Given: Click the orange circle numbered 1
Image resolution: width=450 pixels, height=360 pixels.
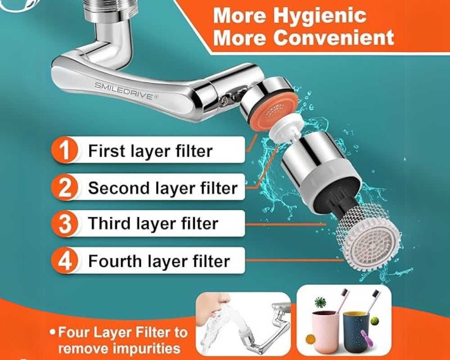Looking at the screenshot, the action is point(64,150).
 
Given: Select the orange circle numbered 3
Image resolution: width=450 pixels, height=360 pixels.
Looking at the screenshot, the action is point(64,224).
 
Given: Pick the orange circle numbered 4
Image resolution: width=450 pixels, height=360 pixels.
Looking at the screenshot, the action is point(64,261).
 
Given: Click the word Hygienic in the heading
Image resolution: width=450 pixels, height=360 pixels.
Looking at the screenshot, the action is point(319,16).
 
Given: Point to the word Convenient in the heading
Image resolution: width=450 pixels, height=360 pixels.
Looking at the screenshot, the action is point(333,37).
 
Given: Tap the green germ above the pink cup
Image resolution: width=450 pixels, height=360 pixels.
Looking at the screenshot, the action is point(320,302).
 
